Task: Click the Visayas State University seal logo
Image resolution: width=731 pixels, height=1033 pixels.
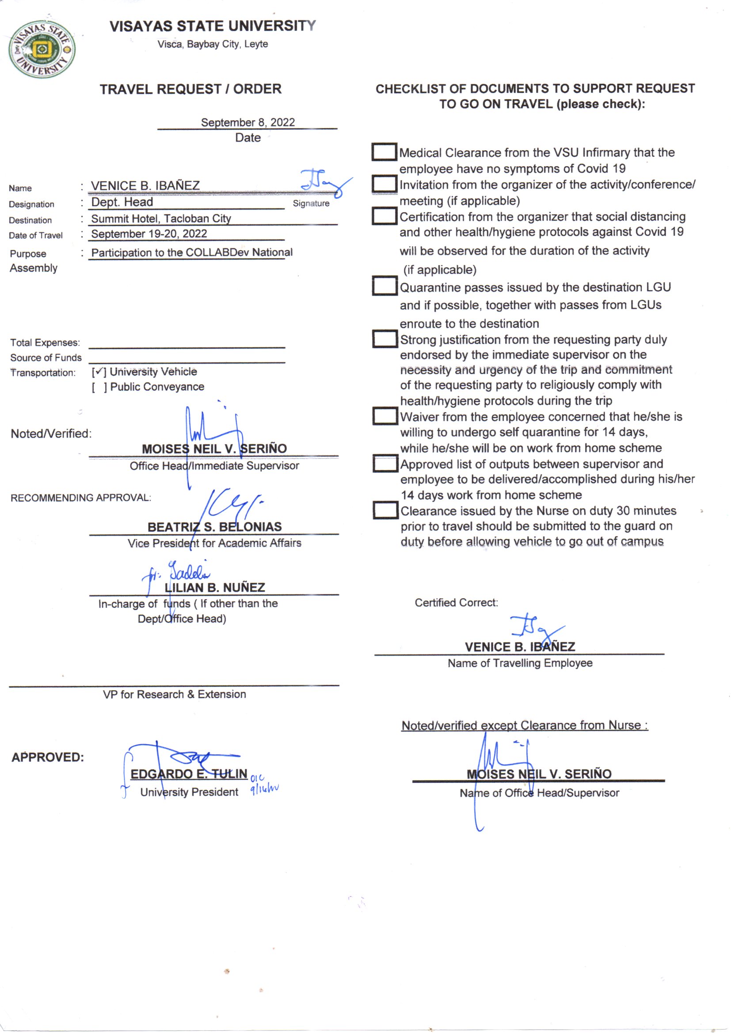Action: pyautogui.click(x=42, y=49)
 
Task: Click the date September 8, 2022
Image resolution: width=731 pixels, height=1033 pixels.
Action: pyautogui.click(x=247, y=122)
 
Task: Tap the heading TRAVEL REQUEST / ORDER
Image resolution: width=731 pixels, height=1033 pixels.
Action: pyautogui.click(x=190, y=89)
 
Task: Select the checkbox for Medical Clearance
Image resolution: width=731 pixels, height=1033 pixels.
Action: pyautogui.click(x=384, y=152)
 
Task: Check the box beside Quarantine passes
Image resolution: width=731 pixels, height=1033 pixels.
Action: pyautogui.click(x=385, y=286)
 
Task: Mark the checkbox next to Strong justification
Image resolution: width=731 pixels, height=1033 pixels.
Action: pyautogui.click(x=385, y=339)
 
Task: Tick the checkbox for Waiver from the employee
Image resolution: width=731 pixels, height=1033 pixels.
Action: pyautogui.click(x=385, y=416)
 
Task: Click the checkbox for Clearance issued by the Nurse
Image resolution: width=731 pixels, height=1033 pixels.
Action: pyautogui.click(x=385, y=510)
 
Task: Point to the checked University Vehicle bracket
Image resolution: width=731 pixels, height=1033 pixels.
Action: pyautogui.click(x=99, y=372)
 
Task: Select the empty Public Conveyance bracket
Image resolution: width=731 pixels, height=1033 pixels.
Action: pyautogui.click(x=99, y=387)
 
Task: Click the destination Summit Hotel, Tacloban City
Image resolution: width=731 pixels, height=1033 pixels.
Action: pyautogui.click(x=161, y=219)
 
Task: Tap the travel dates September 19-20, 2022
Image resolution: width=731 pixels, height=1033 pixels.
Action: pyautogui.click(x=149, y=234)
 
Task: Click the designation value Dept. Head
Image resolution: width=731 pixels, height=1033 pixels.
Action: pyautogui.click(x=122, y=202)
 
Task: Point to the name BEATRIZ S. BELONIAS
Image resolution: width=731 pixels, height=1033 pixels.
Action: pyautogui.click(x=215, y=527)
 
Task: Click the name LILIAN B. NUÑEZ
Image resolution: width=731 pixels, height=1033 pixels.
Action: pyautogui.click(x=215, y=588)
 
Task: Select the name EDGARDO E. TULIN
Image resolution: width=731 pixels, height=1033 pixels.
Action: pyautogui.click(x=189, y=774)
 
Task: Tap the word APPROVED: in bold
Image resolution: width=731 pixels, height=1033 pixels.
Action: pyautogui.click(x=48, y=757)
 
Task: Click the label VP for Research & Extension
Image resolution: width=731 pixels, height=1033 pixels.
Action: pyautogui.click(x=174, y=694)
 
